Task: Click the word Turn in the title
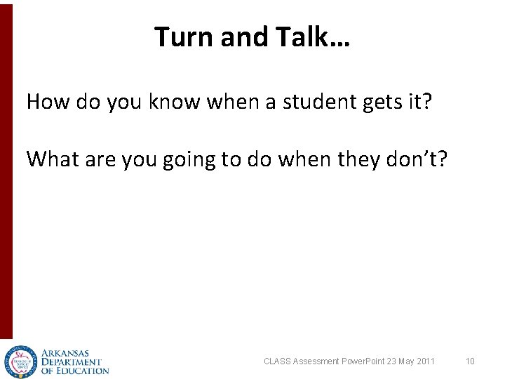click(184, 36)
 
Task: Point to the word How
click(48, 102)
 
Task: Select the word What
click(54, 159)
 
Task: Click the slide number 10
click(470, 361)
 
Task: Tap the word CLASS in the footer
click(275, 361)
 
